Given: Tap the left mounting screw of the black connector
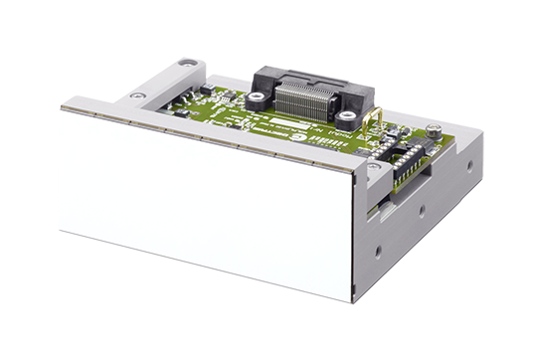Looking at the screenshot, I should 256,98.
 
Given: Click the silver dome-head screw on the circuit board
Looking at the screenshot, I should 434,129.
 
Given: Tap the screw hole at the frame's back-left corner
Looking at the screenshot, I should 187,63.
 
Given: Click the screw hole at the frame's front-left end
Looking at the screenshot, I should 137,95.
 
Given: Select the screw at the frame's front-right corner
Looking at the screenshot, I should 374,167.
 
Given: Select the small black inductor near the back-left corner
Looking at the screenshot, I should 205,90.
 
